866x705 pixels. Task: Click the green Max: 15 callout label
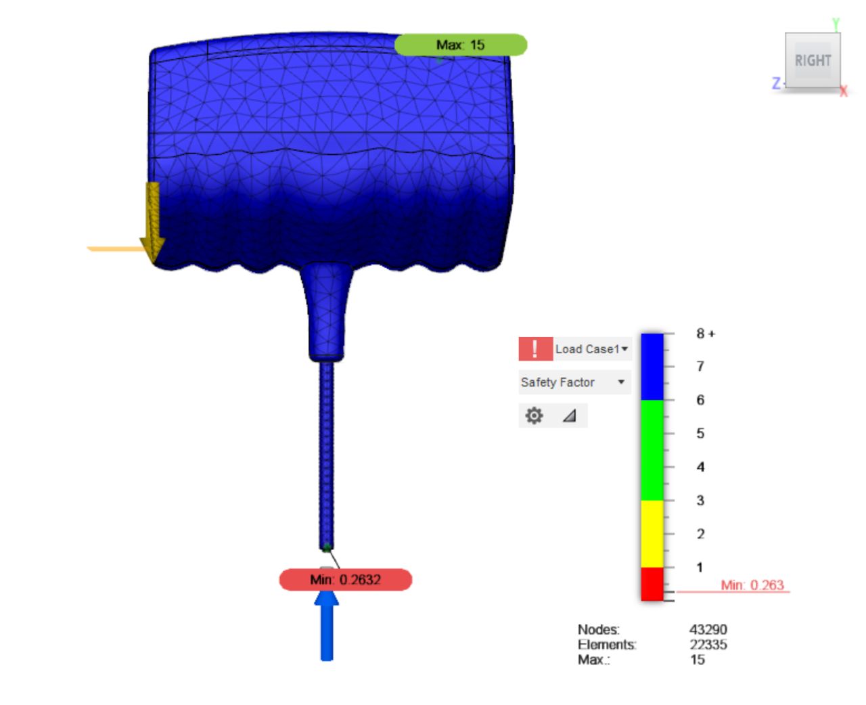(x=460, y=45)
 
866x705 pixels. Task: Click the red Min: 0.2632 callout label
(x=345, y=580)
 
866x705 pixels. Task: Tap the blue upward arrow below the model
(x=327, y=626)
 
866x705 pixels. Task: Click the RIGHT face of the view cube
(x=813, y=61)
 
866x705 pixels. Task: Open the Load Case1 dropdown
(x=592, y=349)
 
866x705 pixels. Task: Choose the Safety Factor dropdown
(x=574, y=382)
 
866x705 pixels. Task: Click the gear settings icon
(x=534, y=415)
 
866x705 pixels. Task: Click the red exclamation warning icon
(x=535, y=349)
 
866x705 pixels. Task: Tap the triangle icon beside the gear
(x=570, y=415)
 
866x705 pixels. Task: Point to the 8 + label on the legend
(x=706, y=334)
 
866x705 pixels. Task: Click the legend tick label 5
(x=700, y=433)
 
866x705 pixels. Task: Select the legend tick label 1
(x=700, y=567)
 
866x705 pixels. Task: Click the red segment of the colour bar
(x=652, y=584)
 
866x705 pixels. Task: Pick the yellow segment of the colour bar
(x=652, y=534)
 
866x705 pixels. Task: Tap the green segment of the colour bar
(x=652, y=450)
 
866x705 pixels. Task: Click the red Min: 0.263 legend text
(x=752, y=585)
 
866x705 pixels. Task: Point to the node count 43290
(x=708, y=630)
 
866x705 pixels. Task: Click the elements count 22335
(x=708, y=645)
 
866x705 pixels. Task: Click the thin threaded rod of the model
(x=327, y=453)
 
